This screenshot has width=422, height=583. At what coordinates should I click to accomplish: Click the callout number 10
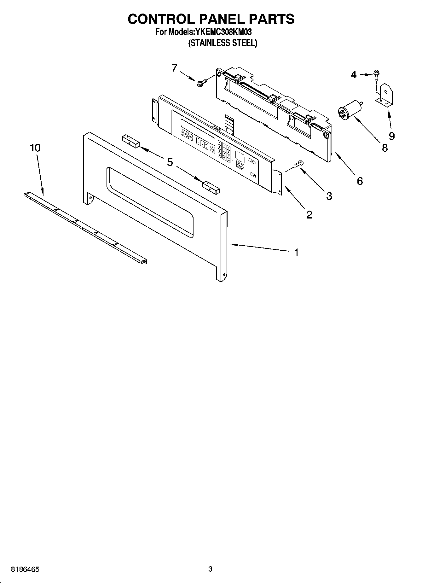click(35, 148)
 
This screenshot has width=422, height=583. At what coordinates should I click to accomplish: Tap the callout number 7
click(175, 67)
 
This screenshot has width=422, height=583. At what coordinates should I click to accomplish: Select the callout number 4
click(354, 75)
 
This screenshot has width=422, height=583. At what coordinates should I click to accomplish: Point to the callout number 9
click(391, 136)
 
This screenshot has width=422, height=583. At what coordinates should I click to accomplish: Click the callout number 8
click(384, 147)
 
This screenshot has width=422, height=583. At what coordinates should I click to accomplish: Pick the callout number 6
click(360, 181)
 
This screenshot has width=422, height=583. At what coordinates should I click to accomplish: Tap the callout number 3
click(329, 196)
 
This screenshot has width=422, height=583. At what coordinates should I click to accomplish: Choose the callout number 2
click(309, 215)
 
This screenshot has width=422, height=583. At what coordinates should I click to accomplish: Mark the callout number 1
click(296, 252)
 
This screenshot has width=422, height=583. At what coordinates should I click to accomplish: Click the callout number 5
click(170, 162)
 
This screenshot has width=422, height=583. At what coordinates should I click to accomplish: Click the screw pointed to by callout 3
click(298, 164)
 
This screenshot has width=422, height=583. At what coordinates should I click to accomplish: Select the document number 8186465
click(25, 569)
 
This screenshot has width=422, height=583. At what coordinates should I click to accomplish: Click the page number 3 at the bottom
click(210, 569)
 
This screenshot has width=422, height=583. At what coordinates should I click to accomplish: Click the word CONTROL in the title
click(161, 19)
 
